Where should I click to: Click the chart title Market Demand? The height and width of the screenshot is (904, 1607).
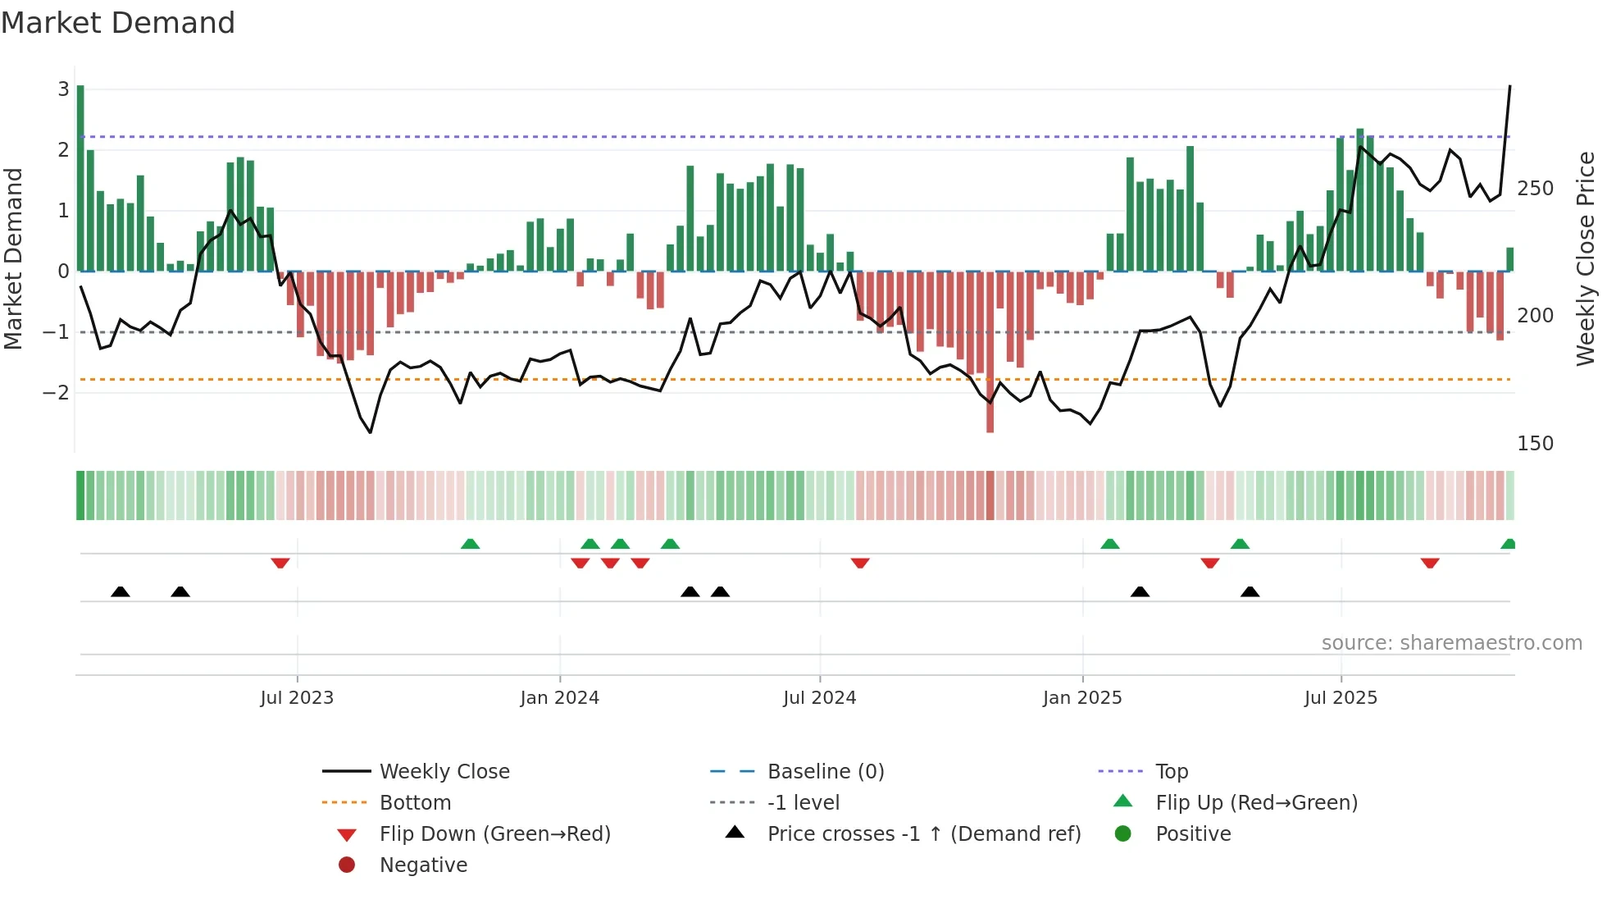[118, 23]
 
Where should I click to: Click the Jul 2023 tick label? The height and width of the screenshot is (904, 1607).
[297, 698]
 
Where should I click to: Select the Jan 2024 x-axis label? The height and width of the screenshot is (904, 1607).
[560, 698]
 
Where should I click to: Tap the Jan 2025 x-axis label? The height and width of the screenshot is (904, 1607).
[1082, 698]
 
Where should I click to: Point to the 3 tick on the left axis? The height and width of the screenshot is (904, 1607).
[63, 89]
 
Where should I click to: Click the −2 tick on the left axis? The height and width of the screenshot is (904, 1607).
[56, 393]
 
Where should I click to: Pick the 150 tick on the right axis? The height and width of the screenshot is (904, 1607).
[1535, 444]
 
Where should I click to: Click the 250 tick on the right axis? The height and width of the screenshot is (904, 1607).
[1535, 189]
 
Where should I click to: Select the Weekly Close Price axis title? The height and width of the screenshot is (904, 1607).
[1586, 258]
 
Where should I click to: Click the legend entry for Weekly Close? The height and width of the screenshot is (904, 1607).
[444, 772]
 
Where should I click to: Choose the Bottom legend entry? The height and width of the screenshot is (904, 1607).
[415, 803]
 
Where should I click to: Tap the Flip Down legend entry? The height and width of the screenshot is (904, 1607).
[494, 834]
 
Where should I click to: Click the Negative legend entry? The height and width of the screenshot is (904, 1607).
[423, 865]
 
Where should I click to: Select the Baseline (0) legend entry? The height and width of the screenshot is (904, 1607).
[826, 772]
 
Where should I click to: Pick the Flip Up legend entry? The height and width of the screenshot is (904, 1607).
[1256, 803]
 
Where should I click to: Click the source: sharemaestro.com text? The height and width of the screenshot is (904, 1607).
[1451, 643]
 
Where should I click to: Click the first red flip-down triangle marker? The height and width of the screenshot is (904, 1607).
[280, 564]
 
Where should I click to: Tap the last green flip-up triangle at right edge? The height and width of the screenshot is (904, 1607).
[1508, 544]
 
